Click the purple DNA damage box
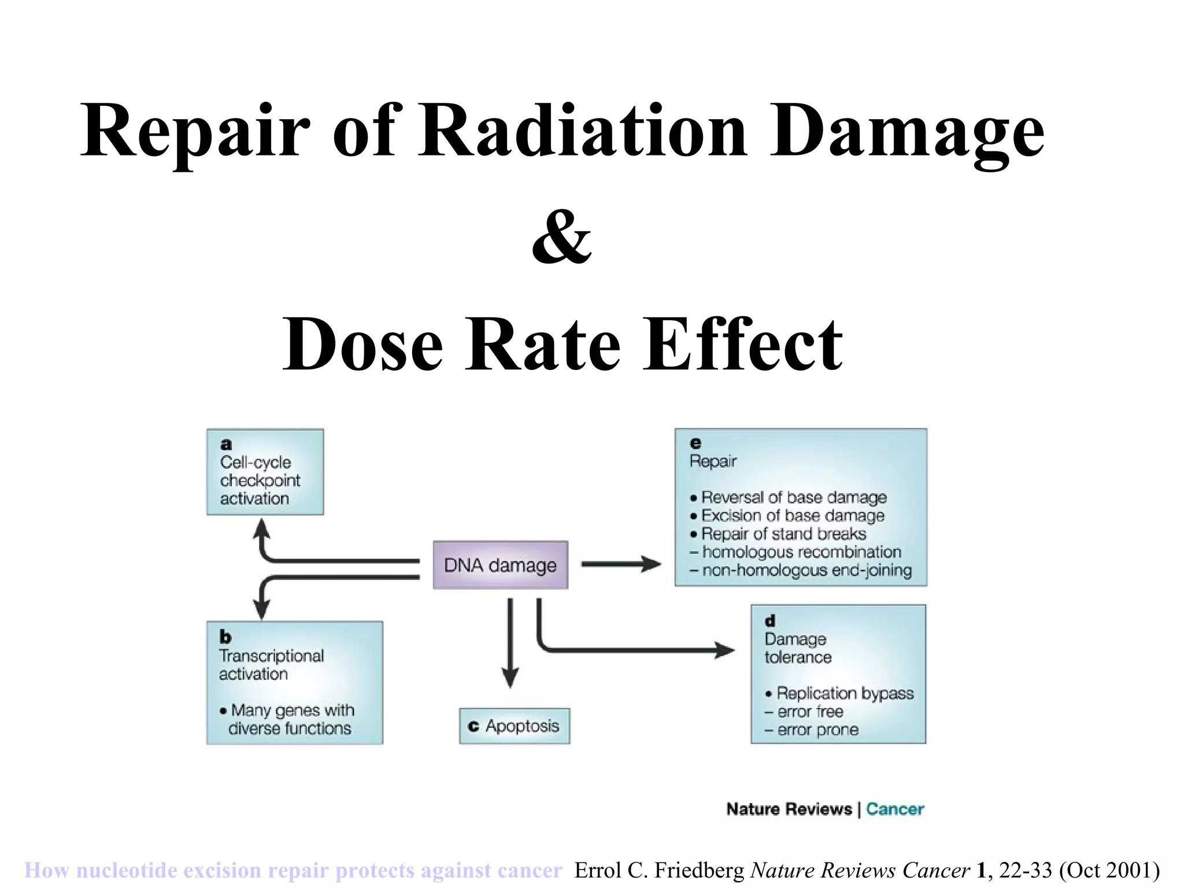[x=500, y=565]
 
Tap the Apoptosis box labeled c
[x=515, y=726]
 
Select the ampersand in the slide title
[x=561, y=237]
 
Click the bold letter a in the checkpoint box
[x=226, y=444]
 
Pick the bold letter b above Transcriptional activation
[x=225, y=637]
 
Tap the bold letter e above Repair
[x=695, y=443]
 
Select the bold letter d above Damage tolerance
[x=769, y=621]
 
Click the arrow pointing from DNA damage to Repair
[x=621, y=564]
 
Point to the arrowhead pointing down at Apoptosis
[x=510, y=678]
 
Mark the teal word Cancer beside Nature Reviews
[x=895, y=809]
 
